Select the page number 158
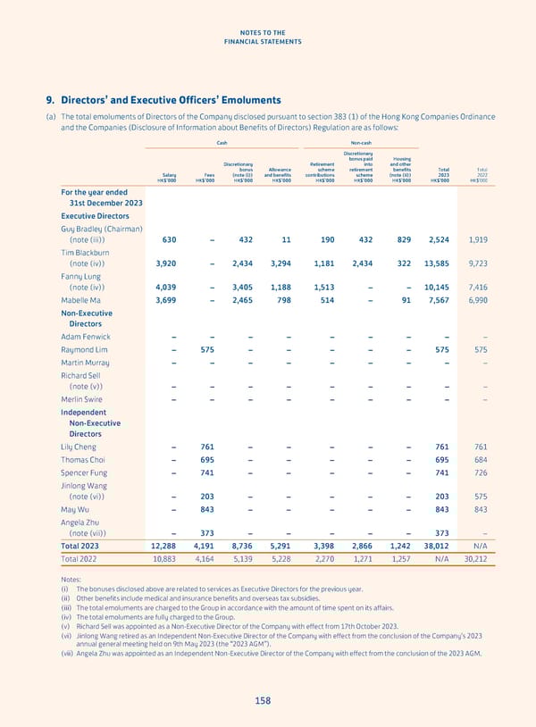[x=262, y=701]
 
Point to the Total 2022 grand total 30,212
[x=475, y=559]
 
